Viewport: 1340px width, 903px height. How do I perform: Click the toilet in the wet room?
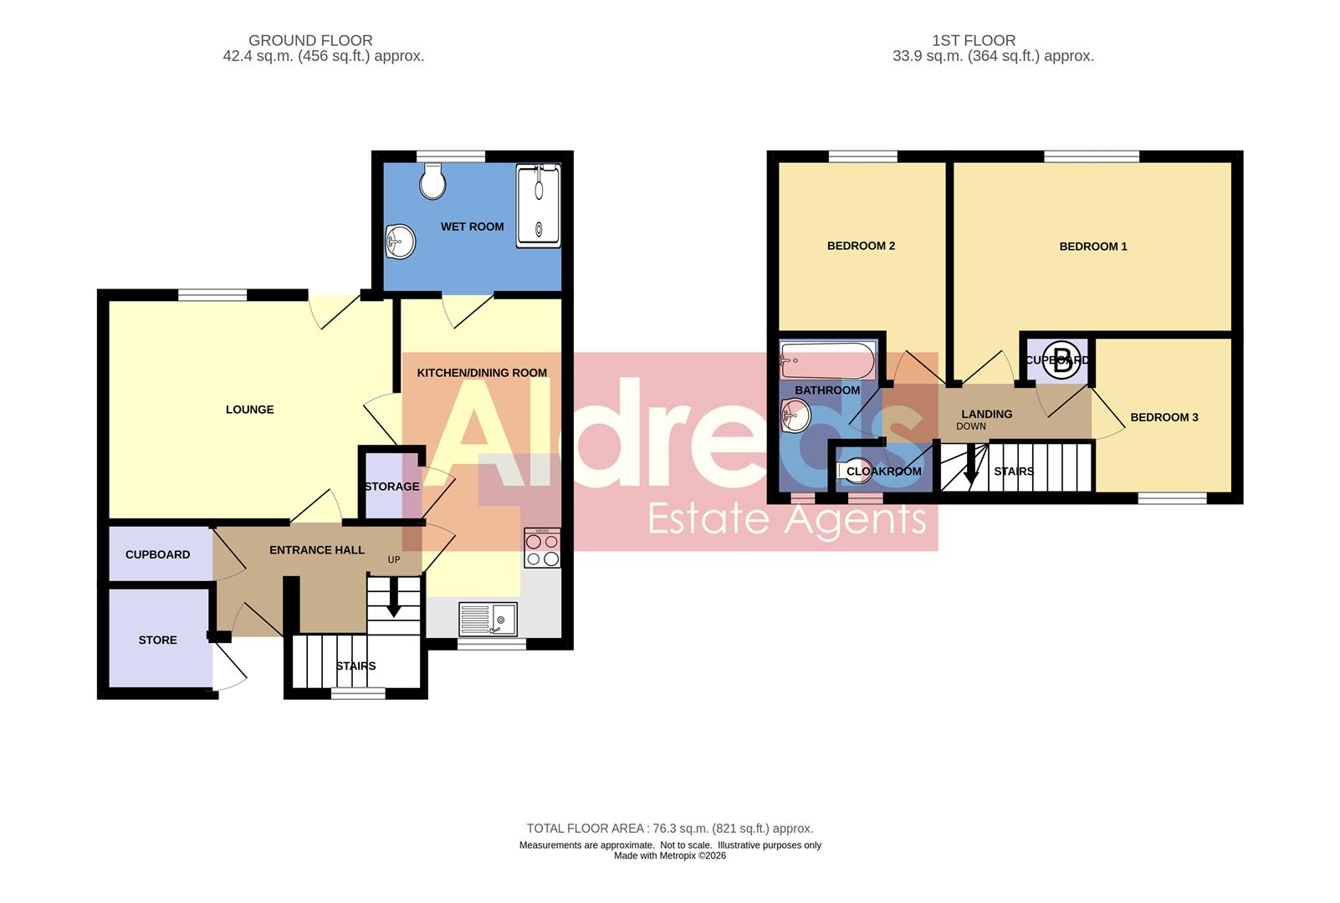click(432, 181)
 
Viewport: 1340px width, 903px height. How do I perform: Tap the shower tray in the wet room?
click(538, 206)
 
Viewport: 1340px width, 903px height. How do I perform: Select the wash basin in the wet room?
click(401, 243)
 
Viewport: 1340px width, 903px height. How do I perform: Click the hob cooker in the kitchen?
click(542, 548)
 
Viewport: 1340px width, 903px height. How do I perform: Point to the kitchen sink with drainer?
click(488, 620)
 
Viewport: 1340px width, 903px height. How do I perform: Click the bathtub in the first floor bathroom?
click(827, 361)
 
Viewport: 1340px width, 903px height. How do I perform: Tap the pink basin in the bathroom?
click(795, 415)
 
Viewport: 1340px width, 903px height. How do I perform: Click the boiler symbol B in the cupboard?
click(1061, 361)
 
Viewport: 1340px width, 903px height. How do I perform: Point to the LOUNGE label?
click(249, 410)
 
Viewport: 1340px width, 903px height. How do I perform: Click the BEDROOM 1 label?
click(1092, 247)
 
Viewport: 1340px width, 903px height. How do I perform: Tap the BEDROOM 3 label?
click(1164, 417)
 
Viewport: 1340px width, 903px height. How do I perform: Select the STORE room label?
click(157, 640)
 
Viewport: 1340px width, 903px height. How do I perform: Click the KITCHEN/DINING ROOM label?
click(482, 373)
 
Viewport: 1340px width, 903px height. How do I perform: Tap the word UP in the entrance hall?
click(394, 560)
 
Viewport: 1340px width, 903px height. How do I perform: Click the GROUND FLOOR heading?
click(310, 40)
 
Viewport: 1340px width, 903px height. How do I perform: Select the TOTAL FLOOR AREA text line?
click(669, 829)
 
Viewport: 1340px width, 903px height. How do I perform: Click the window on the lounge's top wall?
click(212, 294)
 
